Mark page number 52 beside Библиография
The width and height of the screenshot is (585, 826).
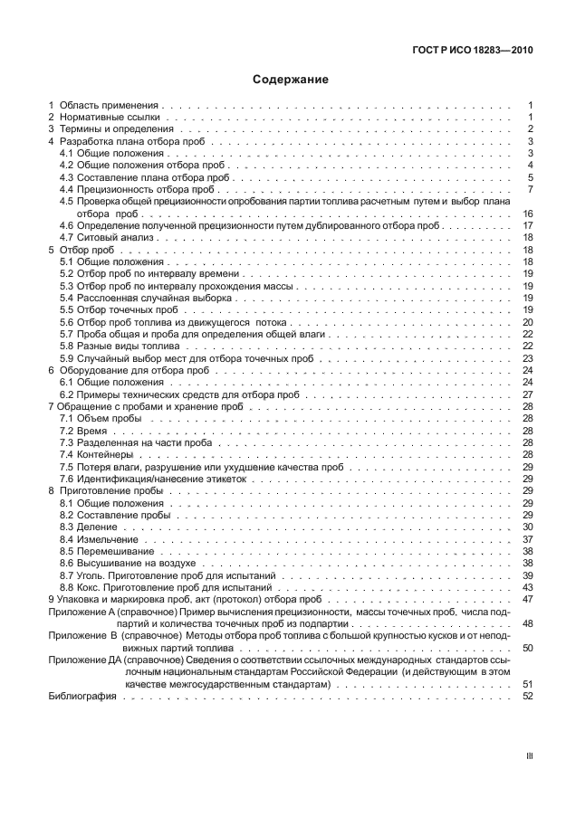528,696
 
